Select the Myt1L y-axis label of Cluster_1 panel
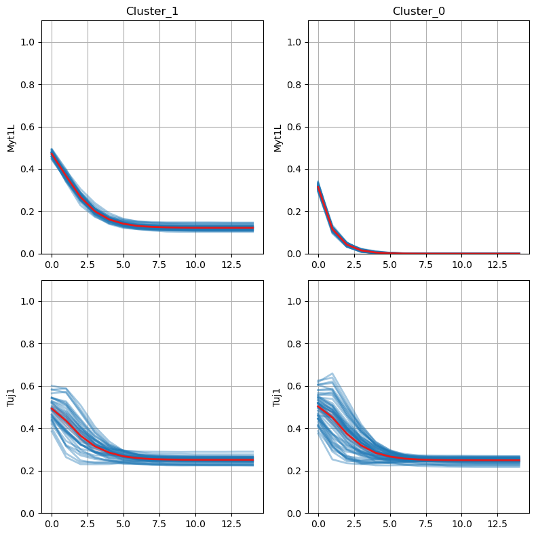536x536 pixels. click(12, 137)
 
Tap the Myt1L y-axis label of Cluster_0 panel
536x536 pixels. click(278, 137)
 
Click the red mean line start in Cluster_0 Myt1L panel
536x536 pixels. click(318, 188)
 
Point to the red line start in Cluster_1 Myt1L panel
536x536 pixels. click(52, 155)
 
